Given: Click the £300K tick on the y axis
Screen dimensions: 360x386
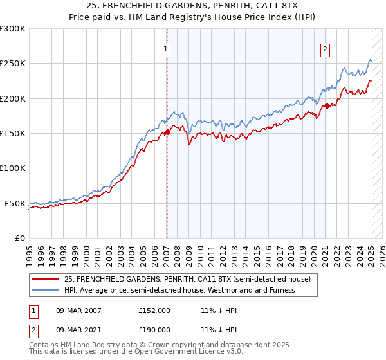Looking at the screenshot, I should pyautogui.click(x=13, y=29).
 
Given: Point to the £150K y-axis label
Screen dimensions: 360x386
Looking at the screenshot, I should pyautogui.click(x=13, y=134).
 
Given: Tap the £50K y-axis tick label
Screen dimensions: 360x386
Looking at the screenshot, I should pyautogui.click(x=15, y=203).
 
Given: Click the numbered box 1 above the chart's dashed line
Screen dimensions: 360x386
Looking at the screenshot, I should pyautogui.click(x=166, y=49).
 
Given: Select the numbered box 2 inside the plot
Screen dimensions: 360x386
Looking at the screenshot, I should pyautogui.click(x=326, y=49).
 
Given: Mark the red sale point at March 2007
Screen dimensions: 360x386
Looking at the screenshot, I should pyautogui.click(x=167, y=132).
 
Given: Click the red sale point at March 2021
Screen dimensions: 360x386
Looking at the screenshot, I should pyautogui.click(x=326, y=105).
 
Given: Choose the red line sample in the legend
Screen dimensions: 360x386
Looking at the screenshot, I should pyautogui.click(x=46, y=279).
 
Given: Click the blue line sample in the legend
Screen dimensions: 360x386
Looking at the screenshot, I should pyautogui.click(x=46, y=290).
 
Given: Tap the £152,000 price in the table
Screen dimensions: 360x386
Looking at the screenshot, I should pyautogui.click(x=154, y=310).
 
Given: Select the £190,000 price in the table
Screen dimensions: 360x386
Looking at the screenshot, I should pyautogui.click(x=154, y=329).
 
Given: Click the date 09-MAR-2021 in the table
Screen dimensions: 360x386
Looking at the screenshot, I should pyautogui.click(x=78, y=329).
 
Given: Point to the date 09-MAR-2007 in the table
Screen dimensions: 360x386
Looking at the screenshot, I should pyautogui.click(x=78, y=310).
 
